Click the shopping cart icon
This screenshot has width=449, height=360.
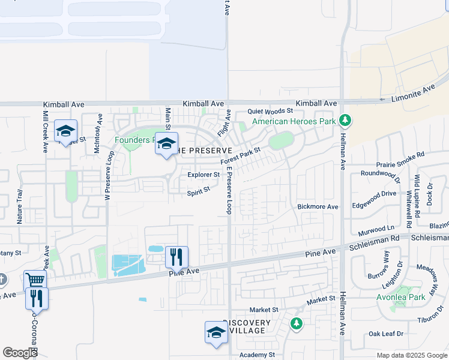coord(35,280)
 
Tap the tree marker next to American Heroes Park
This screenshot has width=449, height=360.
coord(345,121)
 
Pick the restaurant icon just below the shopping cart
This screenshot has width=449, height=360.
coord(37,298)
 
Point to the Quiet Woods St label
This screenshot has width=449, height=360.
coord(271,111)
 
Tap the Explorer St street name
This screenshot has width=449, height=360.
coord(203,175)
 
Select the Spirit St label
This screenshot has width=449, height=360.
coord(198,191)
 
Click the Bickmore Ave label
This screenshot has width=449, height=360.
coord(318,207)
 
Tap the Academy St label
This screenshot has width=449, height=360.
coord(256,355)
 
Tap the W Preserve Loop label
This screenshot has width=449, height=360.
coord(109,175)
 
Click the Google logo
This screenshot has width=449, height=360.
coord(20,353)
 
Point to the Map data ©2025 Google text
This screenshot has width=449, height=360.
coord(412,355)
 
